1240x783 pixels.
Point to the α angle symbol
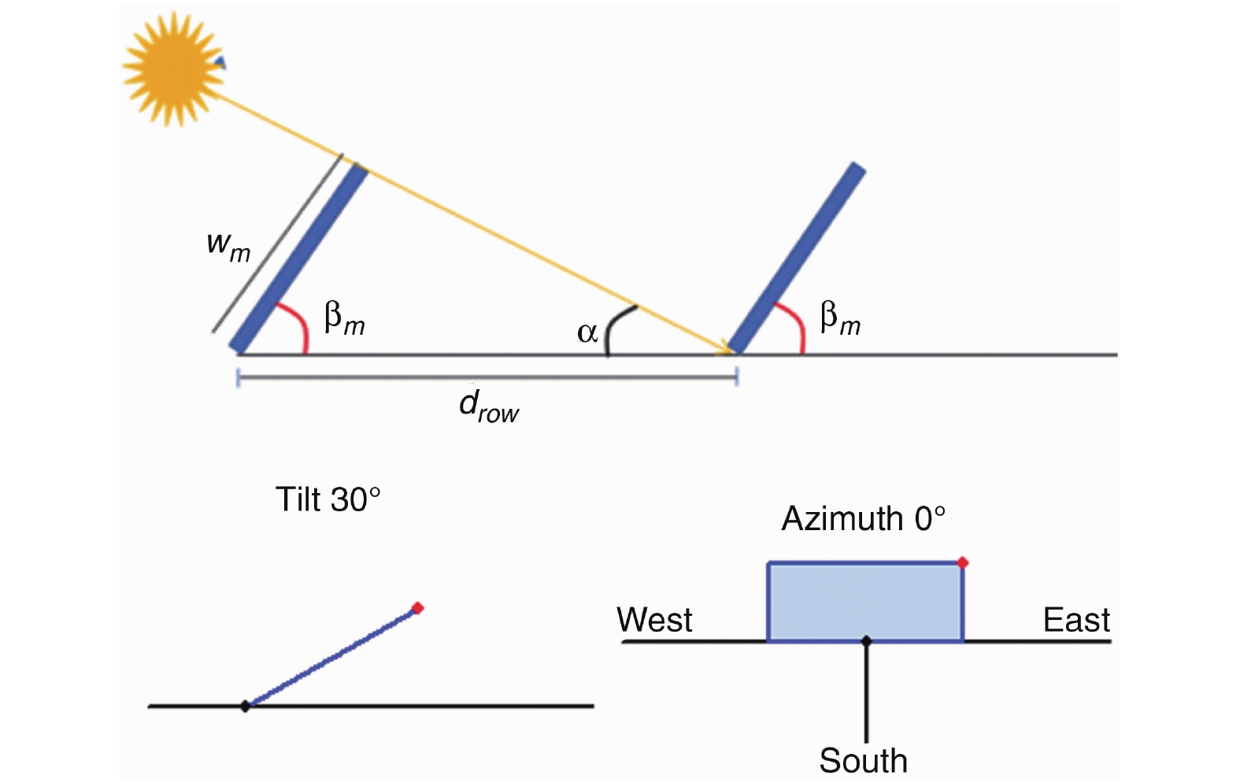click(587, 332)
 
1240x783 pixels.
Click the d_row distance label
click(488, 406)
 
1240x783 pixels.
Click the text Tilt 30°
click(328, 499)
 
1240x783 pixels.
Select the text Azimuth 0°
click(863, 519)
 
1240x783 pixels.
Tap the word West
click(654, 620)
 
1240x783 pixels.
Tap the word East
click(1076, 620)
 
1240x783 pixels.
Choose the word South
click(863, 761)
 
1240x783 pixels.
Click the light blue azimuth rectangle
click(864, 602)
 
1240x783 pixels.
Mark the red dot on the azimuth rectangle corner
click(962, 562)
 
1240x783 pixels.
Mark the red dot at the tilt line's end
click(417, 607)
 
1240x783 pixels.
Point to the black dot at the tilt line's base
click(245, 706)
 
